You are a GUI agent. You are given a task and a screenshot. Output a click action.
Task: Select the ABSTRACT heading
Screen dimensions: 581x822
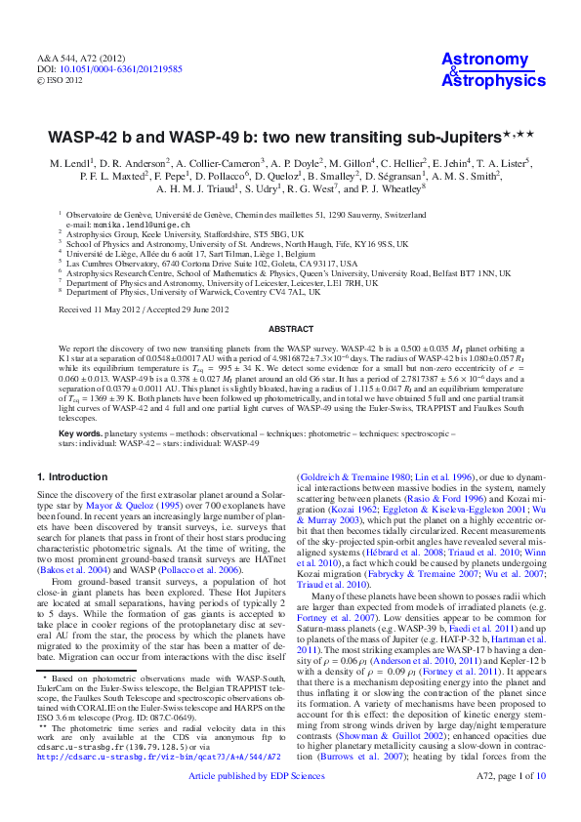(x=290, y=329)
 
